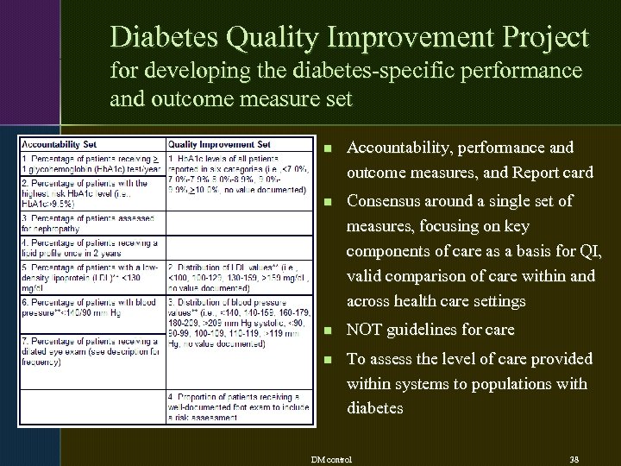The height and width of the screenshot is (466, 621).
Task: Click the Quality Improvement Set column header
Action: tap(219, 144)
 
